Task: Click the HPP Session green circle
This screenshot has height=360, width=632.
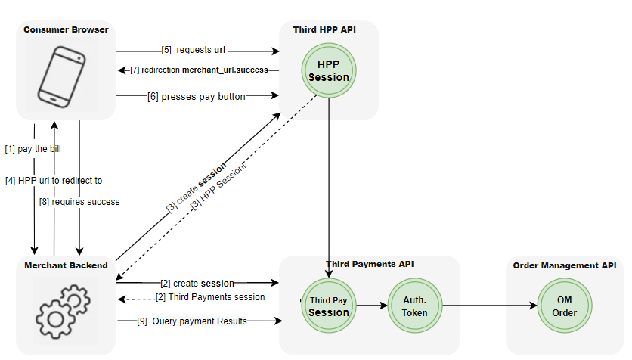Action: (x=328, y=70)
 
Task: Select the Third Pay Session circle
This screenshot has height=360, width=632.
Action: (x=329, y=306)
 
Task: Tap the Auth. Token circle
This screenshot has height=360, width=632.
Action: (x=414, y=306)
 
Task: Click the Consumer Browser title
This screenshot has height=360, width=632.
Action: (x=66, y=30)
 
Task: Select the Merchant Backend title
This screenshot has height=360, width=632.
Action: (x=66, y=265)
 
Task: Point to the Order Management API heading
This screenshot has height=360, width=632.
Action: (x=564, y=265)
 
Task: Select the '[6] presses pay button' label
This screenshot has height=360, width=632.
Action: (x=197, y=95)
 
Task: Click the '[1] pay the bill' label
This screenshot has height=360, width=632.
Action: (x=33, y=148)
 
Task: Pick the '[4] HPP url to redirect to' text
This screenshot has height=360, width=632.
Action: (x=54, y=181)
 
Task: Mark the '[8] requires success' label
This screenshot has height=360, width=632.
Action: (x=79, y=202)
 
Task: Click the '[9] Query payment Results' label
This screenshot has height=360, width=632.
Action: (x=192, y=321)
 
